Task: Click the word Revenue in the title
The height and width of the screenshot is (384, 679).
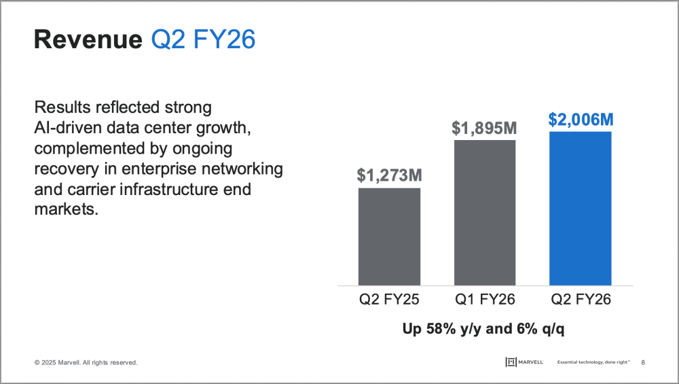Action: [88, 39]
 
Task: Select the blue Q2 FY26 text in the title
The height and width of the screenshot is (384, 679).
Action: [203, 39]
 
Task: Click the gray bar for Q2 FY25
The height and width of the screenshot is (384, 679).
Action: [389, 237]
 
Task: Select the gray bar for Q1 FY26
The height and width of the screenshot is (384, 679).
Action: [485, 213]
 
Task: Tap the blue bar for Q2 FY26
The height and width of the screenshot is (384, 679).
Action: [581, 209]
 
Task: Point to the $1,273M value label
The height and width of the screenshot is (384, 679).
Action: [389, 175]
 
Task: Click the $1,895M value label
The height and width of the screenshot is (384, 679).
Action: [485, 128]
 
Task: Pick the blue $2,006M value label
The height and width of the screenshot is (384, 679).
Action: [581, 119]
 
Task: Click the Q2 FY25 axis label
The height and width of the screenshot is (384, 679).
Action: [389, 299]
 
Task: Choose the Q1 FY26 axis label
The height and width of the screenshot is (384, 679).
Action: [485, 299]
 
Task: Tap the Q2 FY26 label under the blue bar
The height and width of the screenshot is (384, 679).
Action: [581, 299]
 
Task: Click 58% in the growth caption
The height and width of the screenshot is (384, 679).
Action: [441, 328]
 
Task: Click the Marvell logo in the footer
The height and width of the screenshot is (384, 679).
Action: [524, 362]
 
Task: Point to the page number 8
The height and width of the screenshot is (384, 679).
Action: [643, 362]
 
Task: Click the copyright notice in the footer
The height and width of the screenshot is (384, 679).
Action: [86, 362]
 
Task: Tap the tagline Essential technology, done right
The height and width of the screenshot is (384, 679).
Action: [593, 362]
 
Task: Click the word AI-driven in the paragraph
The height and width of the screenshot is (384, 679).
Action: [68, 128]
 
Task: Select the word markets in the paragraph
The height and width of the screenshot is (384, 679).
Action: [67, 209]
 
